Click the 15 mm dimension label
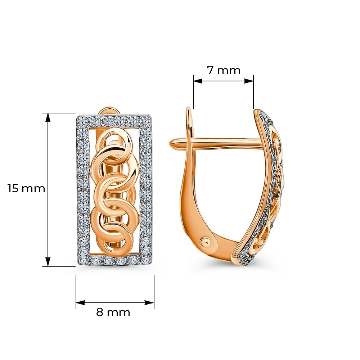(x=26, y=188)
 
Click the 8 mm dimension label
(x=113, y=312)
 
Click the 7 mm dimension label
(x=224, y=70)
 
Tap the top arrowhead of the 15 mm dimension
(x=48, y=117)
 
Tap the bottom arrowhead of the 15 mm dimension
(x=48, y=262)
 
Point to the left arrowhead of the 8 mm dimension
(x=80, y=303)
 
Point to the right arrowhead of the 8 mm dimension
(x=149, y=303)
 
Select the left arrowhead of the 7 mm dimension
(x=198, y=81)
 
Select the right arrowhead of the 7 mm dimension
(x=249, y=81)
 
